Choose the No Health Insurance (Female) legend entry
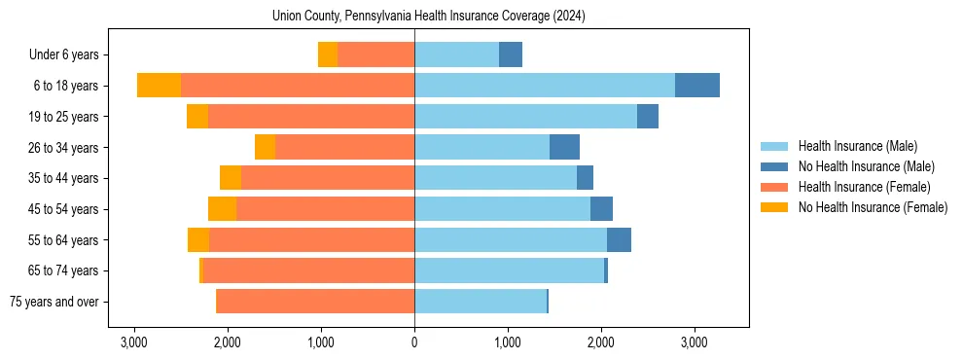point(873,207)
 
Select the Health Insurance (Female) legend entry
point(864,187)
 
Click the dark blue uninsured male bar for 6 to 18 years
point(697,86)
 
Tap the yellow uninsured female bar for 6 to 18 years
point(159,86)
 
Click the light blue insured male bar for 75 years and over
point(481,302)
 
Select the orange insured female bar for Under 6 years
point(375,54)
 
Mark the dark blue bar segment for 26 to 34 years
point(564,147)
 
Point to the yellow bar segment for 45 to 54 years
point(222,209)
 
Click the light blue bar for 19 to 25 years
point(525,117)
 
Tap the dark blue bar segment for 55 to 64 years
point(619,239)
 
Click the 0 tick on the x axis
point(414,343)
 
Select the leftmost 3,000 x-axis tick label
point(133,343)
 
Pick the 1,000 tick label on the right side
point(507,343)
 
